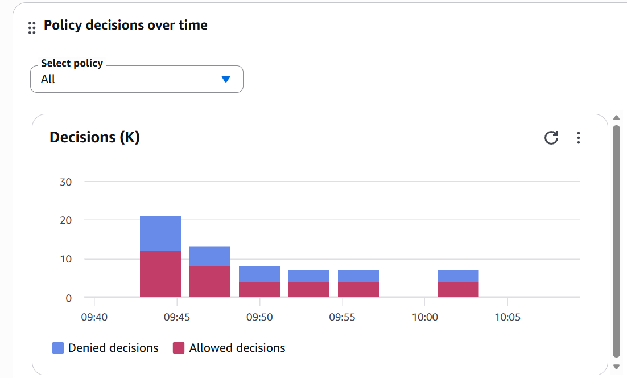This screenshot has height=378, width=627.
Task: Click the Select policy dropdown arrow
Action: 226,79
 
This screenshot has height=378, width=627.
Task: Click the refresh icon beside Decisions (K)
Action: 551,138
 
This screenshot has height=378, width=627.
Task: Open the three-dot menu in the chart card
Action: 578,138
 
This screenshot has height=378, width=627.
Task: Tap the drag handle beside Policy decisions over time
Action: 32,27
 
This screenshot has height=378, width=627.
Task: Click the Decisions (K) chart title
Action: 94,137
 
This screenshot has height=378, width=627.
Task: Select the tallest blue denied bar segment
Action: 160,233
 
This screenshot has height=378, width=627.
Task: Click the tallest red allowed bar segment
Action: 160,274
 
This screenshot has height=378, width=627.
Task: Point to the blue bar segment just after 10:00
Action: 458,276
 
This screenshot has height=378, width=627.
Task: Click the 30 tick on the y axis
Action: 65,182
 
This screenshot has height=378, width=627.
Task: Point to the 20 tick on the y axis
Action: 65,220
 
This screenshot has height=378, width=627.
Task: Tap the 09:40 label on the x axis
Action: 94,317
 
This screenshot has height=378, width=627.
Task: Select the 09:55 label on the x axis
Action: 342,317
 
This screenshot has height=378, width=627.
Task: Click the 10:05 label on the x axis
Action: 507,317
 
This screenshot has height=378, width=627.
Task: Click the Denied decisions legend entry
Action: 105,348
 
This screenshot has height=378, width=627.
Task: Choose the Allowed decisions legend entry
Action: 229,348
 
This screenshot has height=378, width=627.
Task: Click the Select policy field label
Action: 72,63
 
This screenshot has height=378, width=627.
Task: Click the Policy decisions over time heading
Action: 126,26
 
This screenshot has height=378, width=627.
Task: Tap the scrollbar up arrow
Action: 616,118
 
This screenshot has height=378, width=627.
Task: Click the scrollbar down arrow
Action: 616,367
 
